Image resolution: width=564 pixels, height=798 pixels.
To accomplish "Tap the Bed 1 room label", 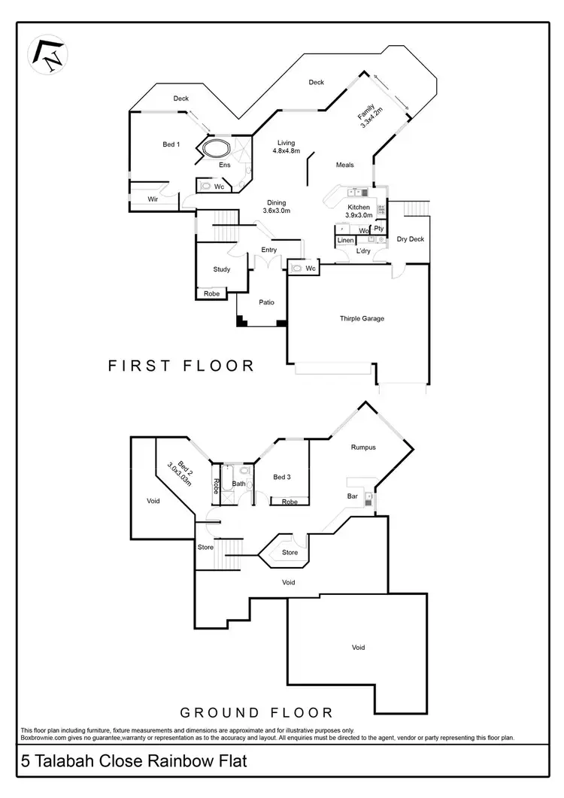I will (171, 144).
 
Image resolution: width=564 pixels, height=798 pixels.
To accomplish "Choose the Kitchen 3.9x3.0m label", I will (358, 211).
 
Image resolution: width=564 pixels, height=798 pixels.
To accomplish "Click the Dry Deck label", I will (411, 239).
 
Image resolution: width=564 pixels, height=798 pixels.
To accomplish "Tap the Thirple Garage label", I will (362, 318).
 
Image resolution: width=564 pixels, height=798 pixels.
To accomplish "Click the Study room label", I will (221, 269).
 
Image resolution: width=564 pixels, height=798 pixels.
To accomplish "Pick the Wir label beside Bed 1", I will (153, 199).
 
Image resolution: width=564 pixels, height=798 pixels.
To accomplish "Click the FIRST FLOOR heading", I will (181, 366).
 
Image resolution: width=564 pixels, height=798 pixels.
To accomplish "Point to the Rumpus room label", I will (362, 448).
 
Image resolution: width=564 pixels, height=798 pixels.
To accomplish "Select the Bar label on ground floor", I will (352, 496).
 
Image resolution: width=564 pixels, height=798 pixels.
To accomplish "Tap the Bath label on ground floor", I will (238, 484).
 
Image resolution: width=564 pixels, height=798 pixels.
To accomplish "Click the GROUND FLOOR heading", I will (256, 712).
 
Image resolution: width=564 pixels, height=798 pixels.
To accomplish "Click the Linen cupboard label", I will (345, 241).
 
